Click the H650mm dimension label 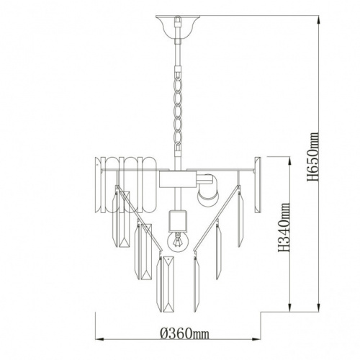click(313, 157)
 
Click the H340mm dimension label click(284, 228)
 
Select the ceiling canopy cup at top click(178, 27)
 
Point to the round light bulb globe click(178, 241)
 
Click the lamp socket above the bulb click(178, 220)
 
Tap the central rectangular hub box click(178, 179)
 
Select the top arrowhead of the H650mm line click(319, 19)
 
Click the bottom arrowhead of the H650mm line click(319, 307)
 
